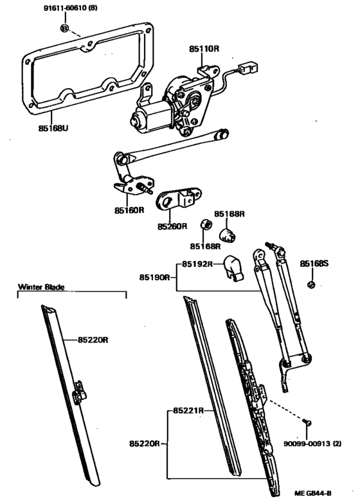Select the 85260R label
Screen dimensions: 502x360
pos(172,226)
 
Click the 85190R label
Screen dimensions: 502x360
pos(155,277)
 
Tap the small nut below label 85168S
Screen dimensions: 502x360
pos(310,285)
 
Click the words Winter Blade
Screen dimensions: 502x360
pos(42,287)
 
